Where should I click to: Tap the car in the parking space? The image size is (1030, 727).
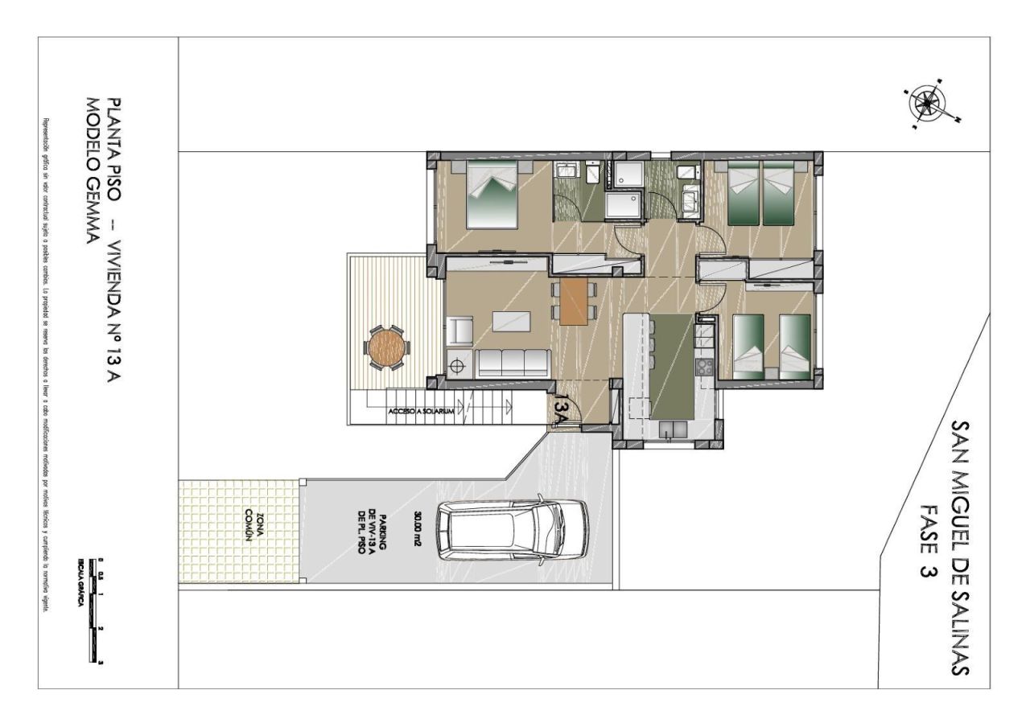click(x=513, y=531)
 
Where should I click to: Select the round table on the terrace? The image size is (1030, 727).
click(x=387, y=348)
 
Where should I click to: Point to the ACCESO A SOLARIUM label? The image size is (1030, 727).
click(x=422, y=411)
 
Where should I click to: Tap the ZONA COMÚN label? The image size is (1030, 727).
click(x=243, y=527)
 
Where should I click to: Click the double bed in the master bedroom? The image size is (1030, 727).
click(x=491, y=193)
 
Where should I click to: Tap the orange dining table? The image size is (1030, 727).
click(x=574, y=301)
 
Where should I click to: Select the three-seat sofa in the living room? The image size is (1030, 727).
click(x=513, y=363)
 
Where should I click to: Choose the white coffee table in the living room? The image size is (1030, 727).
click(x=512, y=322)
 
